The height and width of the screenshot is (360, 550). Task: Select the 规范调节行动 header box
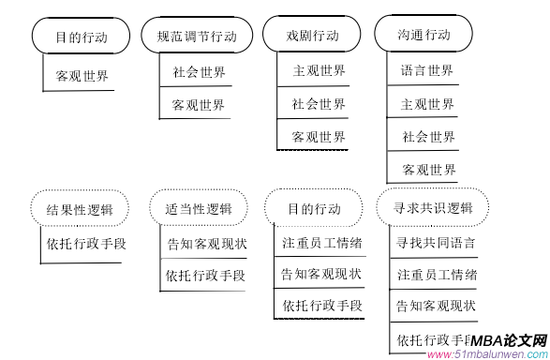196,37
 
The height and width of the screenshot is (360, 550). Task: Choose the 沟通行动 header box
426,35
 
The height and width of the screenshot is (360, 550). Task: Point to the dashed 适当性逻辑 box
199,208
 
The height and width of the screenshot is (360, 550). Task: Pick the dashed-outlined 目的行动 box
314,208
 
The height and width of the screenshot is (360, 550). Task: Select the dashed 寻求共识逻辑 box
434,207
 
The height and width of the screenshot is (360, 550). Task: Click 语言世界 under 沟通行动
427,70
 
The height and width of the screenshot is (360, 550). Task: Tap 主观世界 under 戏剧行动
319,70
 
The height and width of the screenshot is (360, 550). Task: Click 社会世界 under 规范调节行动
199,71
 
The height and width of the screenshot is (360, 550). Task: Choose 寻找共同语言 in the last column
436,243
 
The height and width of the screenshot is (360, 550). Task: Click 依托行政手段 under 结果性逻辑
85,243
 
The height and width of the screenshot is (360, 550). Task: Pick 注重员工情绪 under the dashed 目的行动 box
322,243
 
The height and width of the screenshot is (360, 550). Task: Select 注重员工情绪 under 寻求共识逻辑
437,275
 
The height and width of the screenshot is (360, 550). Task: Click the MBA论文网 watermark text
509,341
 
